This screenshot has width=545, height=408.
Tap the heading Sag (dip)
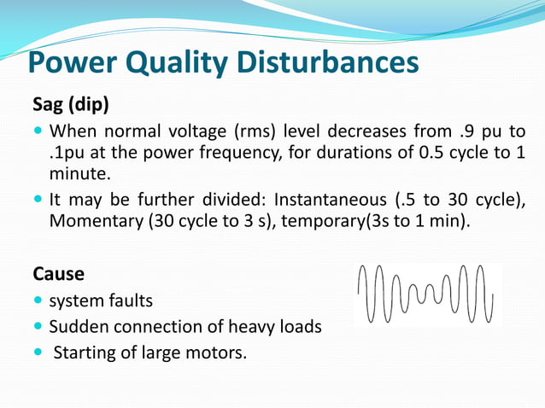(x=71, y=105)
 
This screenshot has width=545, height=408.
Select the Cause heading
(x=58, y=275)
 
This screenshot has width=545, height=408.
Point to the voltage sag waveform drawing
(x=425, y=294)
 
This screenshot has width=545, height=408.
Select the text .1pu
(x=67, y=154)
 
